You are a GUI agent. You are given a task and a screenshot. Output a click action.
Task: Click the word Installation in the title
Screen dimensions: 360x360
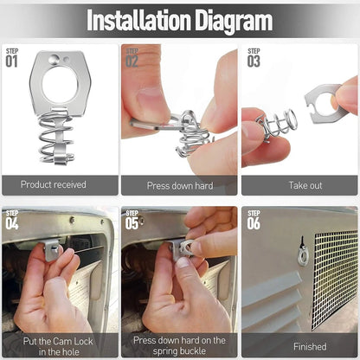coord(139,20)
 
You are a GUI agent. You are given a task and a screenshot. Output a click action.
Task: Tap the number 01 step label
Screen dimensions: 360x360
coord(11,61)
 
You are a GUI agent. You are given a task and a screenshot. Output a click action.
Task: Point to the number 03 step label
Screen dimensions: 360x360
coord(254,61)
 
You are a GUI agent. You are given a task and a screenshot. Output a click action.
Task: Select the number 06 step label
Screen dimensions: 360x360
coord(254,223)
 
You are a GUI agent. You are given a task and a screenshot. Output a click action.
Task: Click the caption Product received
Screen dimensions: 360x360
coord(54,184)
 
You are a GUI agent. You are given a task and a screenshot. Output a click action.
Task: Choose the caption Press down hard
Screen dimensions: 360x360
coord(180,185)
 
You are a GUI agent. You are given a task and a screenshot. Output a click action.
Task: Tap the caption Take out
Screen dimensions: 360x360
coord(305,185)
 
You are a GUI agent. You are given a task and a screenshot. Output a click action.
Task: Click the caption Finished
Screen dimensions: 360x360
coord(310,346)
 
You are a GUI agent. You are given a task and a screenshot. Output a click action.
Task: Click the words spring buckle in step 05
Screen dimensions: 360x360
coord(179,350)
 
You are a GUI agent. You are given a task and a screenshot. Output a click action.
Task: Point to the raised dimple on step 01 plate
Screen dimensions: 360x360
coord(55,60)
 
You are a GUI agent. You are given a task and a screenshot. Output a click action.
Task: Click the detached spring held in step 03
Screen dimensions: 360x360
coord(275,124)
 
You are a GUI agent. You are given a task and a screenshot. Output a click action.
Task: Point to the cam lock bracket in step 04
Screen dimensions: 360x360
coord(53,249)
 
